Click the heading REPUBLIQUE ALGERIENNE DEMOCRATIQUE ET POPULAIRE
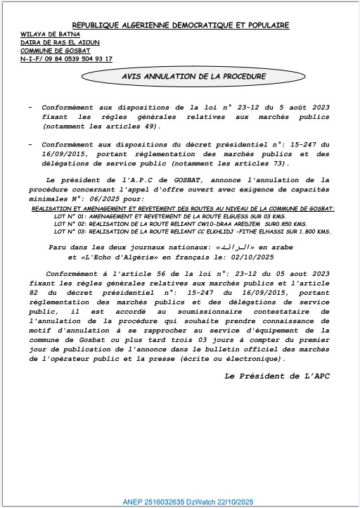click(x=181, y=25)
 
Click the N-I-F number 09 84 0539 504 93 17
click(x=78, y=59)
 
